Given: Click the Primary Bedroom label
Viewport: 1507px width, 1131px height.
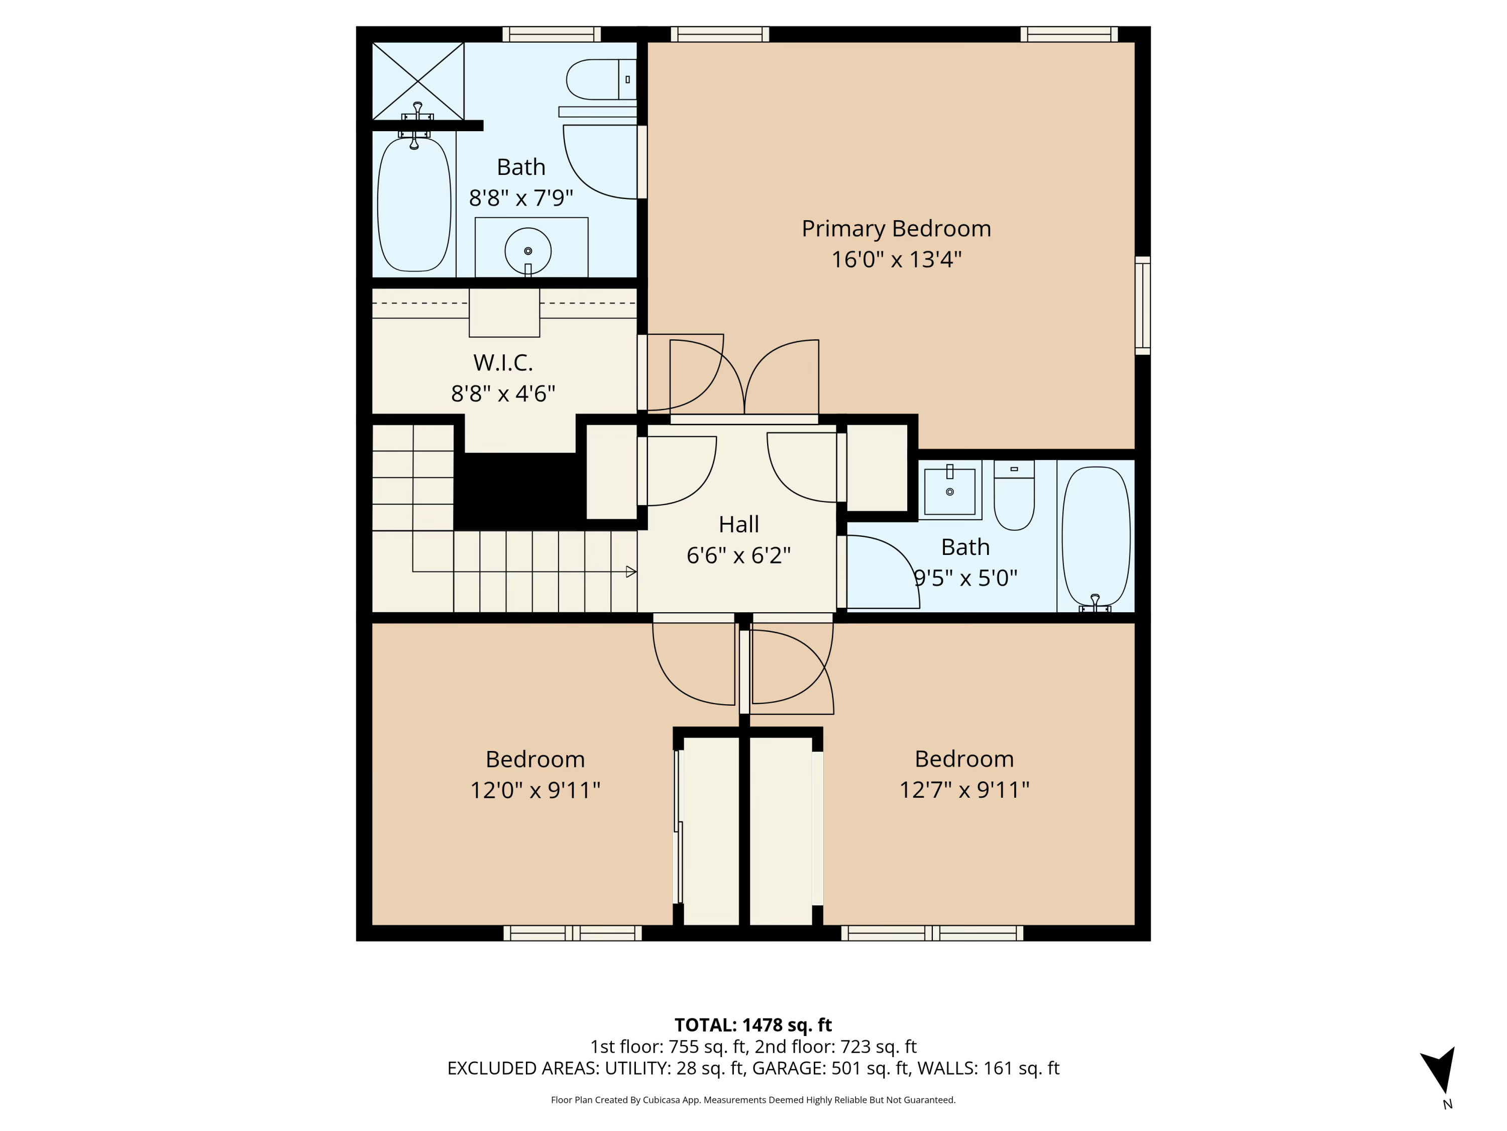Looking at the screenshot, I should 896,228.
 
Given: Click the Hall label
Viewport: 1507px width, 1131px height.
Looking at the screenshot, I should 738,524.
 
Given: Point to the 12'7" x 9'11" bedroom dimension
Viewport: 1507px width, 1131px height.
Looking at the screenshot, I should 964,790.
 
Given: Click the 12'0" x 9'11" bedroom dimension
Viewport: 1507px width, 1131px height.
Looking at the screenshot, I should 535,790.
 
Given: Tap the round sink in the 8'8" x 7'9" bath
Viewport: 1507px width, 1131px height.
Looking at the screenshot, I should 527,251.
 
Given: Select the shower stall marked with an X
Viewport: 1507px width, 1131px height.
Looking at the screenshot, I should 417,80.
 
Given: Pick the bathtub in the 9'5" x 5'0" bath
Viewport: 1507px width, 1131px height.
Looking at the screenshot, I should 1096,535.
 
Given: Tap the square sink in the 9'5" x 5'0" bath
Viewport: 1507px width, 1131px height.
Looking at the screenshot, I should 950,490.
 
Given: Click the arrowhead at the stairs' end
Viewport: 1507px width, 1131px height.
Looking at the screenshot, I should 631,572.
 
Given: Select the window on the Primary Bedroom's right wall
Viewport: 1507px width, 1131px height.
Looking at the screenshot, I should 1142,306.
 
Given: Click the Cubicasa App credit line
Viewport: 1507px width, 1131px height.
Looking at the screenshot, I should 753,1100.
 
